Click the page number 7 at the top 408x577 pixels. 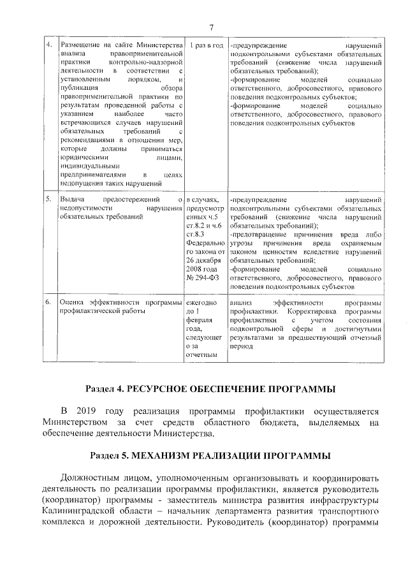210,26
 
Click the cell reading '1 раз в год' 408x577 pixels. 205,47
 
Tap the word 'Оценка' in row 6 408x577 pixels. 73,302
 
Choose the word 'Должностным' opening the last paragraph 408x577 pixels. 97,478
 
